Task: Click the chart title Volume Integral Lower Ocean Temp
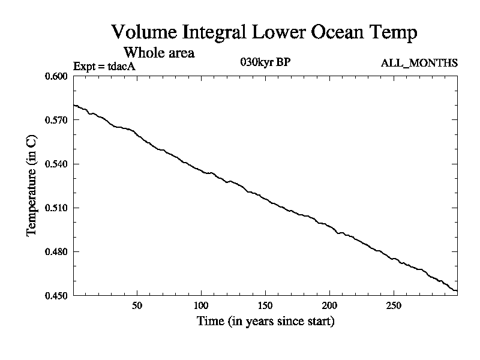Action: [264, 32]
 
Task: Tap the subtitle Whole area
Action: [158, 52]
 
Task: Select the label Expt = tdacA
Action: [103, 66]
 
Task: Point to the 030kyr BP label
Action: [265, 62]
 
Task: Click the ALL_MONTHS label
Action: [419, 63]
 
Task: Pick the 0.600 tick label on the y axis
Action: [57, 76]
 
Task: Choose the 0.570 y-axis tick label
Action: [57, 120]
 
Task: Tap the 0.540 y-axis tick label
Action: [57, 164]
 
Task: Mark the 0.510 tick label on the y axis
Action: [57, 208]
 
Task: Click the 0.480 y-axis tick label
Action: [57, 251]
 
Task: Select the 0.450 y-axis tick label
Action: [57, 295]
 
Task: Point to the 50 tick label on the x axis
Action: [137, 305]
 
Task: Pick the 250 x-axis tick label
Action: [393, 305]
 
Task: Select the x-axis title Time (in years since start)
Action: [265, 322]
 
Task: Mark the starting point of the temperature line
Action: [73, 105]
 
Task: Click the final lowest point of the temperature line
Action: [457, 291]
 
